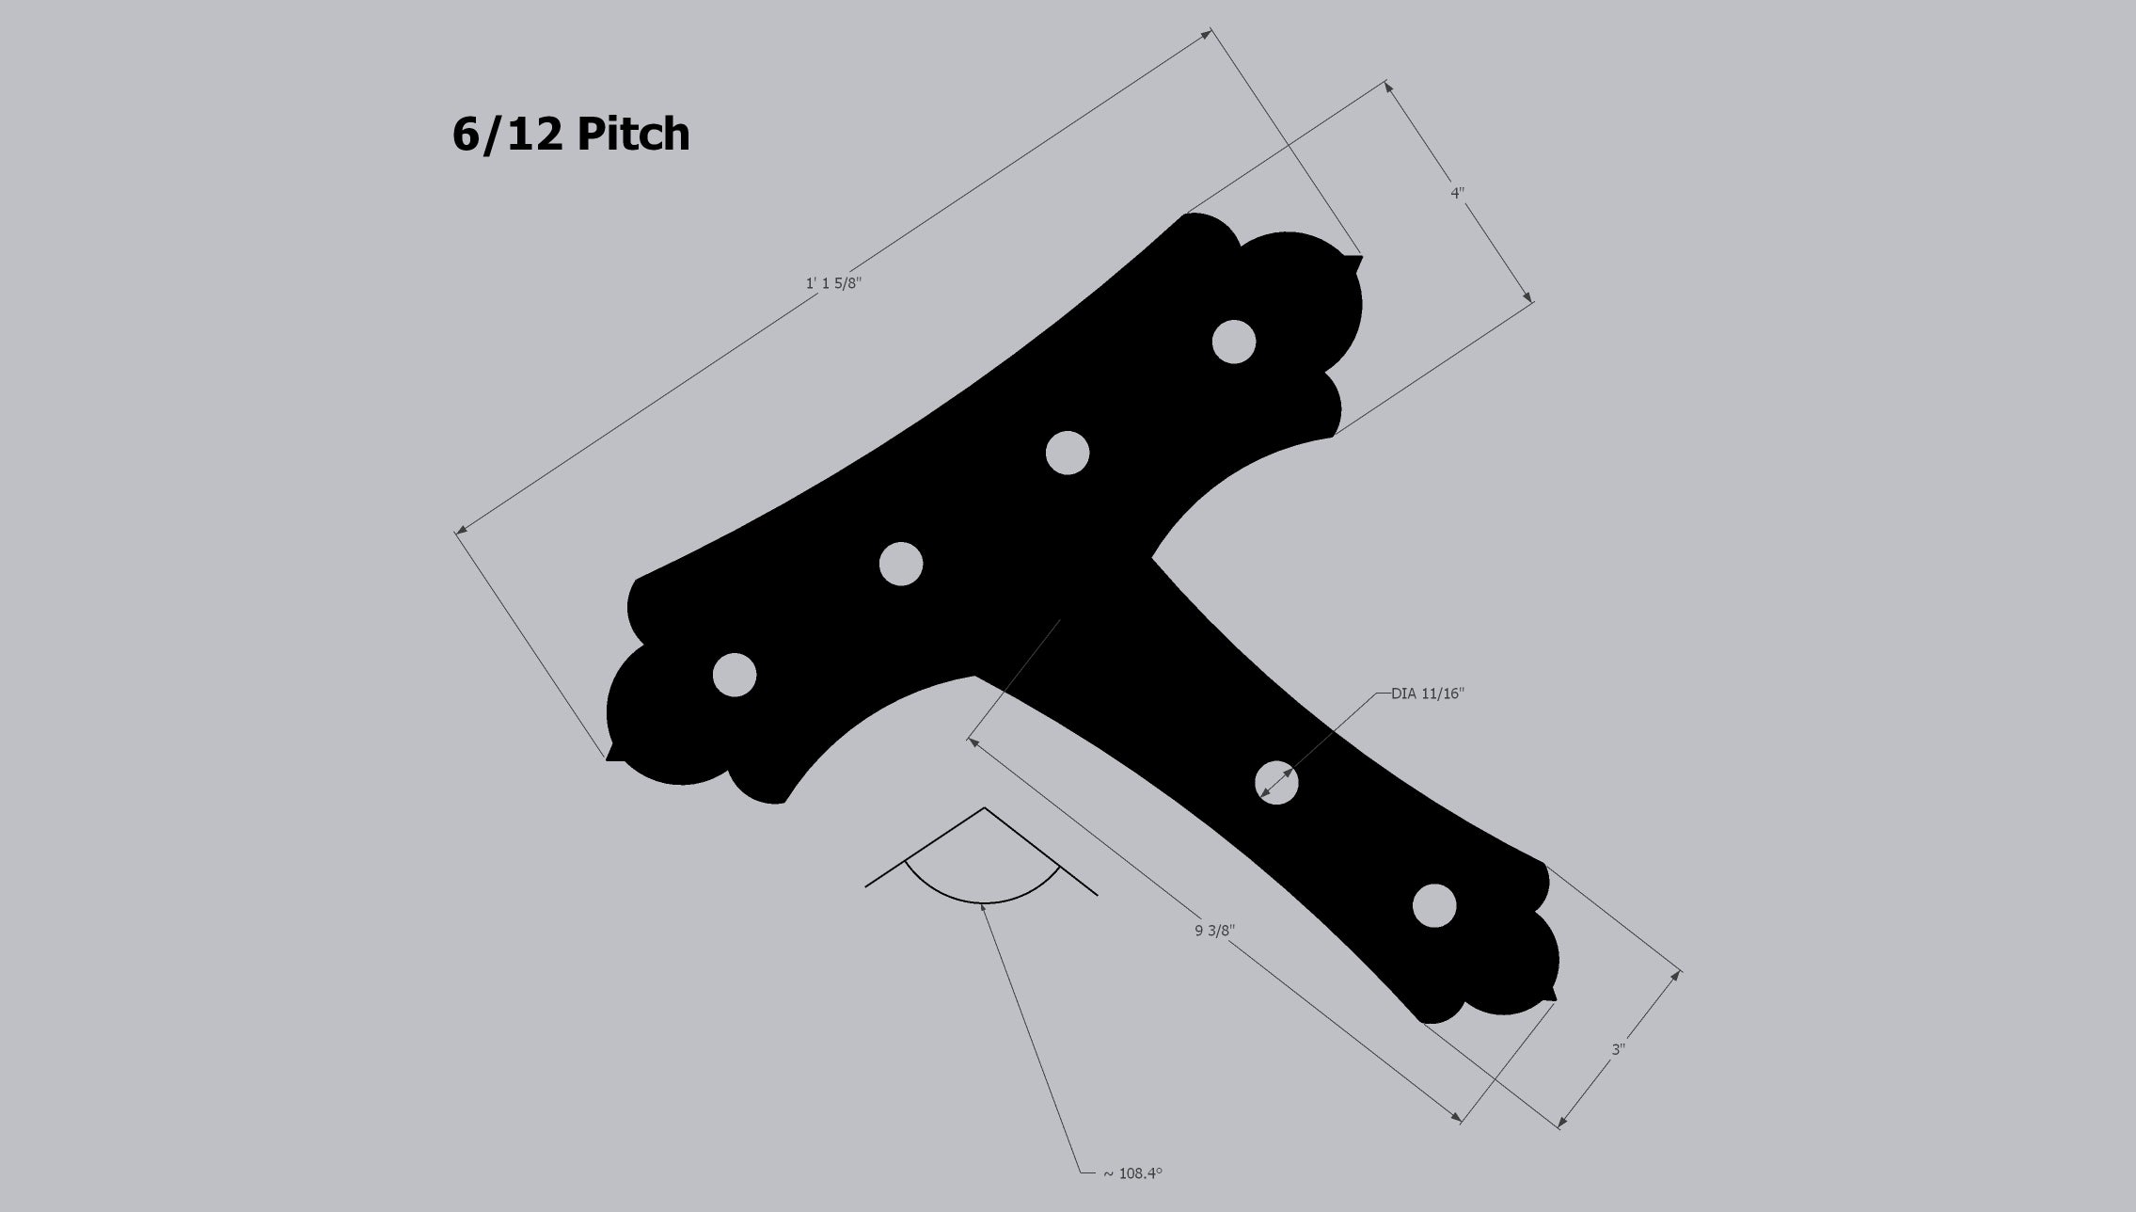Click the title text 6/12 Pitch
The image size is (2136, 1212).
[571, 135]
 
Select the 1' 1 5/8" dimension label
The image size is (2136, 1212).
[834, 283]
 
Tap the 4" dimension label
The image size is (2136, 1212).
[1458, 193]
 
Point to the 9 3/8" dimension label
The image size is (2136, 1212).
[1215, 931]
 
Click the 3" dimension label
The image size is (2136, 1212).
[1619, 1048]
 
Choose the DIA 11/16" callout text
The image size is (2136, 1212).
[1428, 694]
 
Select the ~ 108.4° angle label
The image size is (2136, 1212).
[1132, 1173]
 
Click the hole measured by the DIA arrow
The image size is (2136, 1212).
[1276, 782]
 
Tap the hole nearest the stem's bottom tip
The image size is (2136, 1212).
[1434, 906]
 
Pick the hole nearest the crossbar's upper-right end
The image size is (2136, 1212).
[1234, 342]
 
